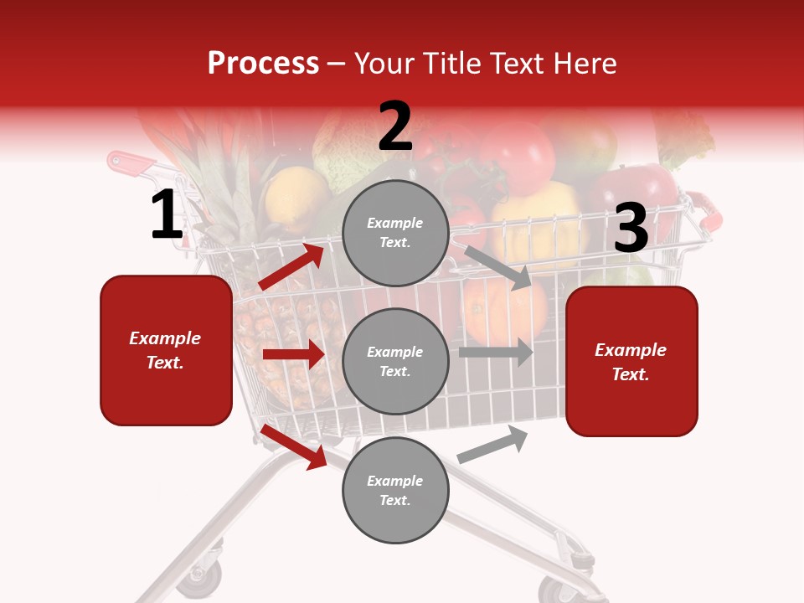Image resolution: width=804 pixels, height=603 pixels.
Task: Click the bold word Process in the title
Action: tap(263, 64)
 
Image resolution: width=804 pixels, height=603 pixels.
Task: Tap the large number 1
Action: tap(167, 215)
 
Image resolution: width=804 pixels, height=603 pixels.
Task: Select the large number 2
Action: tap(395, 126)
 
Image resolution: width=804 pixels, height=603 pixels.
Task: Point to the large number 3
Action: tap(631, 228)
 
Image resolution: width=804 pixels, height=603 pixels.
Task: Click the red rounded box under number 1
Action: tap(166, 350)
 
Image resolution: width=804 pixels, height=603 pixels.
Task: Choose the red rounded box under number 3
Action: tap(631, 362)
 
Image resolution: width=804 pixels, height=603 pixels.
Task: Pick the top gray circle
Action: tap(395, 233)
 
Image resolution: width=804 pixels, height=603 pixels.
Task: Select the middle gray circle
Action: tap(395, 362)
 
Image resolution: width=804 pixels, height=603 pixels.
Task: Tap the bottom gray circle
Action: tap(395, 491)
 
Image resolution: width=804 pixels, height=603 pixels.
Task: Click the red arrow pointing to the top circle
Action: tap(291, 267)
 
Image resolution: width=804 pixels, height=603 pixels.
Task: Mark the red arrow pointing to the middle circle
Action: tap(293, 354)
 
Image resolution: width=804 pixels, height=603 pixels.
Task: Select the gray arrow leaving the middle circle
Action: tap(496, 353)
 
